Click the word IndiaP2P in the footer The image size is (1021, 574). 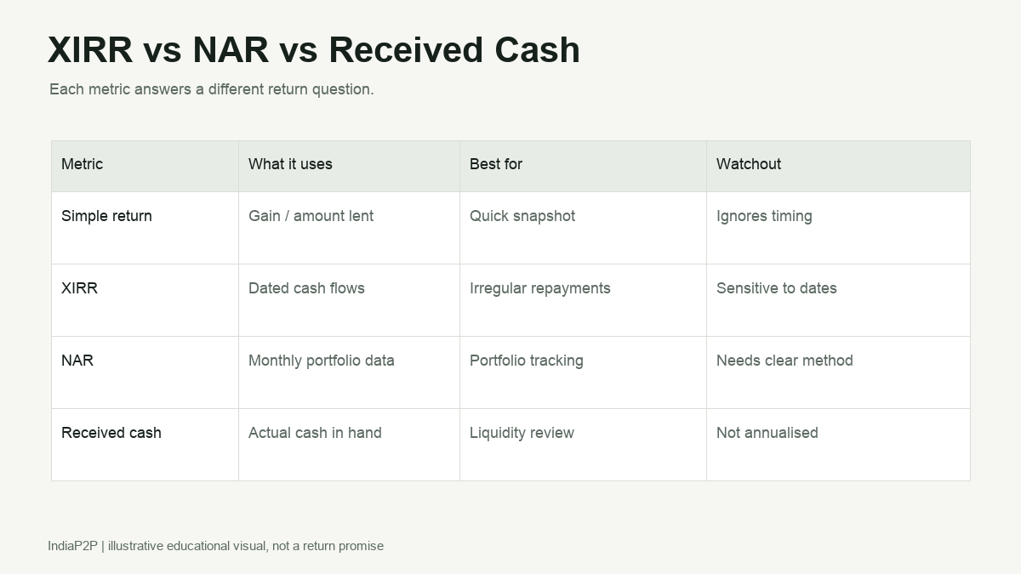pyautogui.click(x=73, y=546)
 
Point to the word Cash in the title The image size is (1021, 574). pyautogui.click(x=538, y=49)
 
